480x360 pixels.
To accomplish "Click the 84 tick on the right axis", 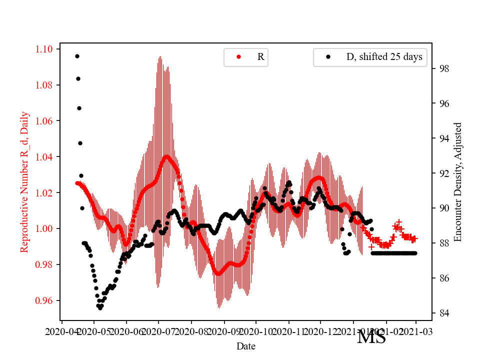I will [x=441, y=313].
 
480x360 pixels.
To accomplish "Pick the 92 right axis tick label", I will [x=441, y=173].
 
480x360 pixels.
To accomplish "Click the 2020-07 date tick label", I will [x=158, y=331].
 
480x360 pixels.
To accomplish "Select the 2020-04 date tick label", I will [x=61, y=331].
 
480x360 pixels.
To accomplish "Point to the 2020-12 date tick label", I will [x=320, y=331].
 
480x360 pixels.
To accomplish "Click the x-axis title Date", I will [x=246, y=345].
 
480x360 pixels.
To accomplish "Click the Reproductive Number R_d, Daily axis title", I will [x=24, y=181].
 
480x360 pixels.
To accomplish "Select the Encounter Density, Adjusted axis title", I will [x=458, y=181].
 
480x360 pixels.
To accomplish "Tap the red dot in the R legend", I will [x=238, y=57].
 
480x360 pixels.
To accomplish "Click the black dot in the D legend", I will [x=328, y=57].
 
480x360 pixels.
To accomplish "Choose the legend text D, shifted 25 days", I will [x=384, y=57].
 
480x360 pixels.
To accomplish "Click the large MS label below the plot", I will [x=371, y=337].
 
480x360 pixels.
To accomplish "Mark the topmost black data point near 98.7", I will [x=77, y=56].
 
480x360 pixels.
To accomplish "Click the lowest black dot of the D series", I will [x=100, y=308].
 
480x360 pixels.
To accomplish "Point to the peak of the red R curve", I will [x=167, y=155].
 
